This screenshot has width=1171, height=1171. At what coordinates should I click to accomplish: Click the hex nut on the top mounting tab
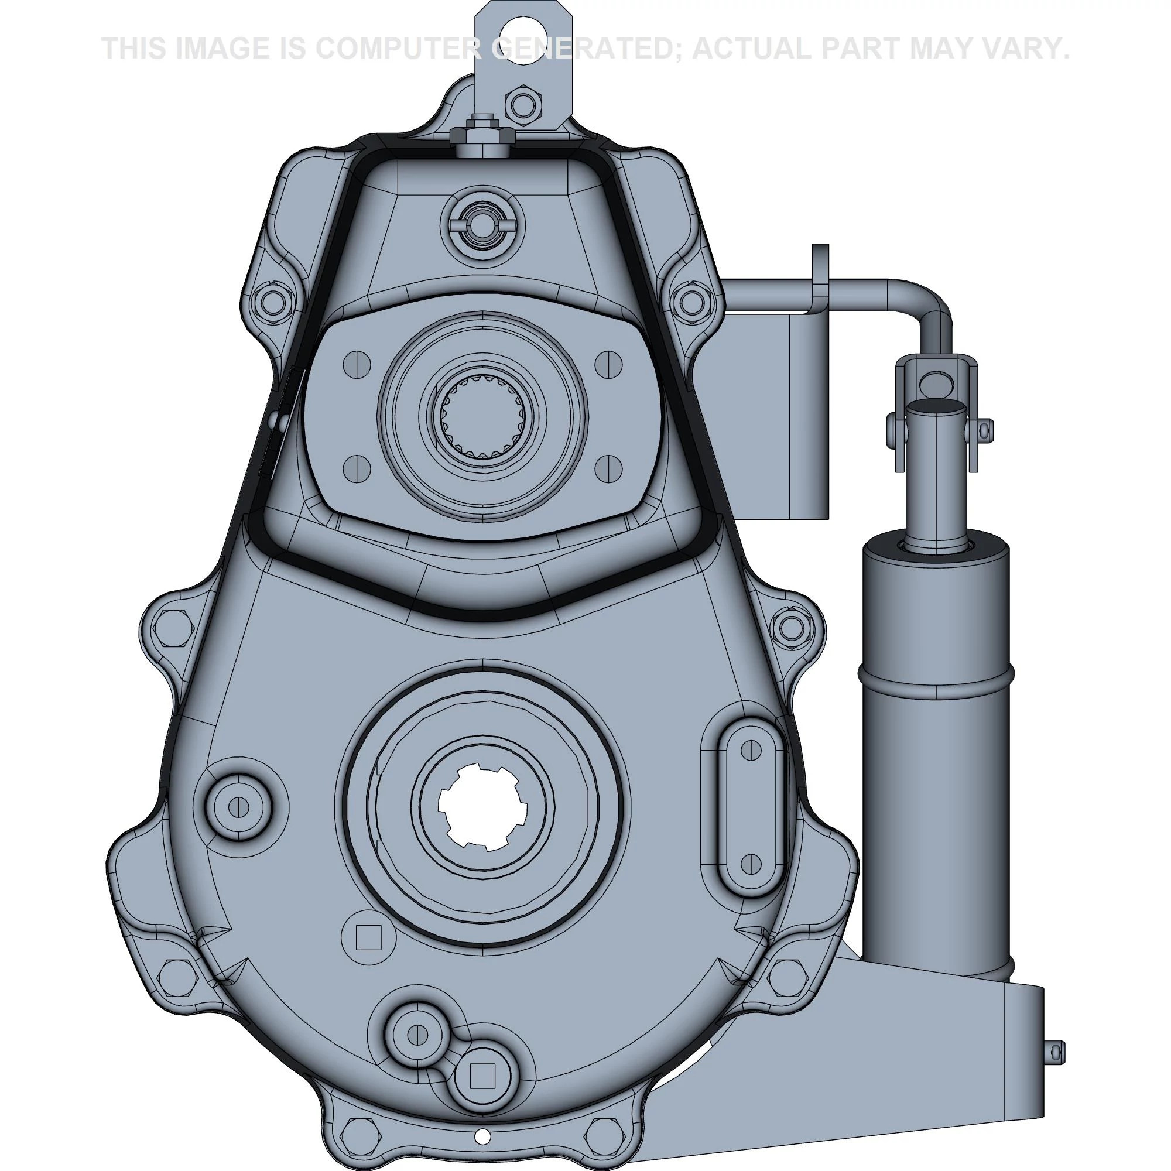[x=523, y=105]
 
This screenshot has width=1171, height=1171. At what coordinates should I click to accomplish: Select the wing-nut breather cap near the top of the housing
[x=482, y=225]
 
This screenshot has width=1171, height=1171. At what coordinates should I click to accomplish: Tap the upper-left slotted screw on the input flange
[x=357, y=364]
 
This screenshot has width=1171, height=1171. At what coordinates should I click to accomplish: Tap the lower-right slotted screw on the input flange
[x=609, y=468]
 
